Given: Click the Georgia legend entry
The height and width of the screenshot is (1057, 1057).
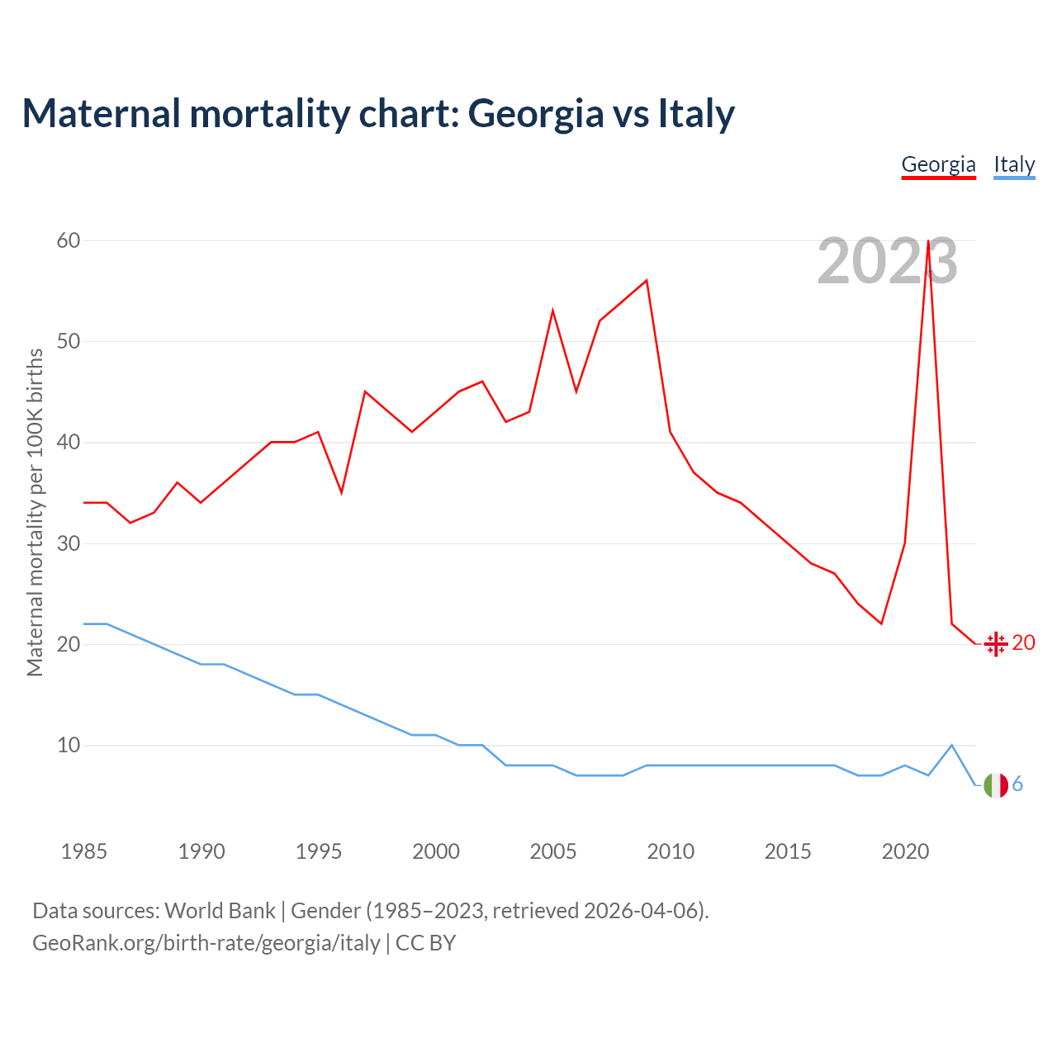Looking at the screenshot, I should tap(938, 164).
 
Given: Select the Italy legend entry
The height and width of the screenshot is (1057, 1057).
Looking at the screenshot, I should tap(1014, 164).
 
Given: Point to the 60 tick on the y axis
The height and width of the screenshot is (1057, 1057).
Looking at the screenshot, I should tap(69, 240).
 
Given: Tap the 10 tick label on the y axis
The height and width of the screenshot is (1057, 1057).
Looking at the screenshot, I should tap(69, 746).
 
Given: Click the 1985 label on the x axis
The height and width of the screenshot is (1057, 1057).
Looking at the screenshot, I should tap(83, 851).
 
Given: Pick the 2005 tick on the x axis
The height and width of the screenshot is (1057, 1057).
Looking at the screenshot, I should tap(552, 851).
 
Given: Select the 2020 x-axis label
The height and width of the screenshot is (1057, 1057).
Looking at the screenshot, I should tap(905, 851).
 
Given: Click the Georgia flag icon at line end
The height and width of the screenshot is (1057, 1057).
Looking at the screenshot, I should tap(996, 643).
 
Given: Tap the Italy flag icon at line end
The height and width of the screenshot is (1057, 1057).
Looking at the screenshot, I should tap(996, 785).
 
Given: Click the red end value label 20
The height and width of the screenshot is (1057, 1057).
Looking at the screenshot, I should tap(1023, 642).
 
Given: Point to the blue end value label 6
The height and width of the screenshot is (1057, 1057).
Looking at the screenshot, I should tap(1017, 784).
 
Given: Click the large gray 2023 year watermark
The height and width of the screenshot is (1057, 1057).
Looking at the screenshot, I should tap(887, 261).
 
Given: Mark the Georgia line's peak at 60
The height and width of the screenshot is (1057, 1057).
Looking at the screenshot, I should tap(929, 241).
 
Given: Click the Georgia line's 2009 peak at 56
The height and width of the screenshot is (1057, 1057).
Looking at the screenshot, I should tap(647, 280).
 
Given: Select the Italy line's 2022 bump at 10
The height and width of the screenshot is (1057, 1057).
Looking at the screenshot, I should tap(952, 745).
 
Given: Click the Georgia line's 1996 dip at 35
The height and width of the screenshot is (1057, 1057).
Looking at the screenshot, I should tap(341, 493).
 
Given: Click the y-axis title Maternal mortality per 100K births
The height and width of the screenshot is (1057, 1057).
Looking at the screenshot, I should tap(35, 512).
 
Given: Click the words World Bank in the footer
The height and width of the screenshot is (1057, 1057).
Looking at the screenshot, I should tap(220, 911).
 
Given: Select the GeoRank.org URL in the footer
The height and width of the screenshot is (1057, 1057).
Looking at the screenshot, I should tap(206, 942).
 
